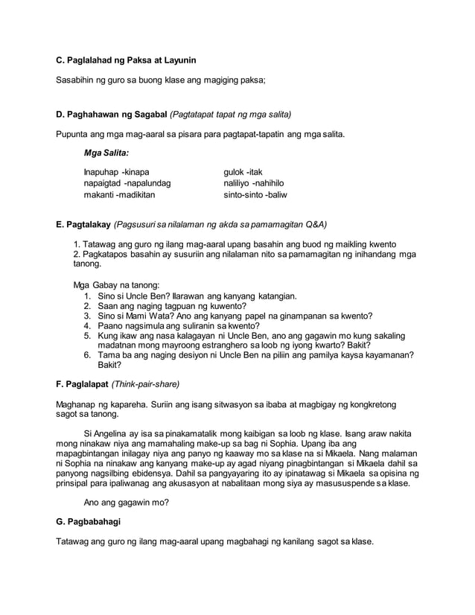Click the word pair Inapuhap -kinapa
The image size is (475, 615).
coord(117,172)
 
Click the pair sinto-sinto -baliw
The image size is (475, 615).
coord(255,194)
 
